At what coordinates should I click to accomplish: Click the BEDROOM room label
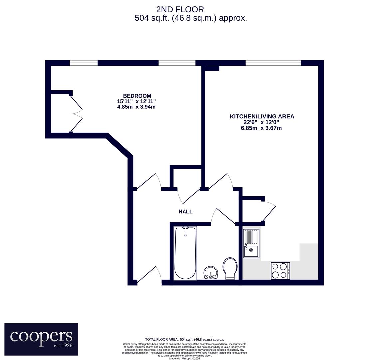click(x=137, y=96)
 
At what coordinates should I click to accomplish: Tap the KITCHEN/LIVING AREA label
click(x=262, y=116)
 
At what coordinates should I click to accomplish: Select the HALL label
click(x=185, y=212)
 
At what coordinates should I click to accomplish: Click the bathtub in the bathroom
click(x=185, y=253)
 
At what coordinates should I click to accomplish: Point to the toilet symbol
click(x=230, y=268)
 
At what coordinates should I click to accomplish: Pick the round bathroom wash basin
click(x=211, y=273)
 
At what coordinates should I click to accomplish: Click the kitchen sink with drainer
click(x=251, y=244)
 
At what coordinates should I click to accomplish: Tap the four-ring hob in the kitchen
click(x=280, y=271)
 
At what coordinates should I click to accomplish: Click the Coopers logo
click(x=41, y=339)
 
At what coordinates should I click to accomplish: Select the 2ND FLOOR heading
click(x=180, y=9)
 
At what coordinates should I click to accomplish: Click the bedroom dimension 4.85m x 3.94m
click(x=136, y=107)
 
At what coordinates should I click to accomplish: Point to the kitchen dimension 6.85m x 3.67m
click(x=261, y=128)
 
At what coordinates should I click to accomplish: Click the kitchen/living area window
click(x=273, y=63)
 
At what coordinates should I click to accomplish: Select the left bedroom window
click(x=84, y=63)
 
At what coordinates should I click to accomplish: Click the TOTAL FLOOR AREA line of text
click(x=184, y=340)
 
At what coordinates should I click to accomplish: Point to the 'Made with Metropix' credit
click(x=184, y=358)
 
